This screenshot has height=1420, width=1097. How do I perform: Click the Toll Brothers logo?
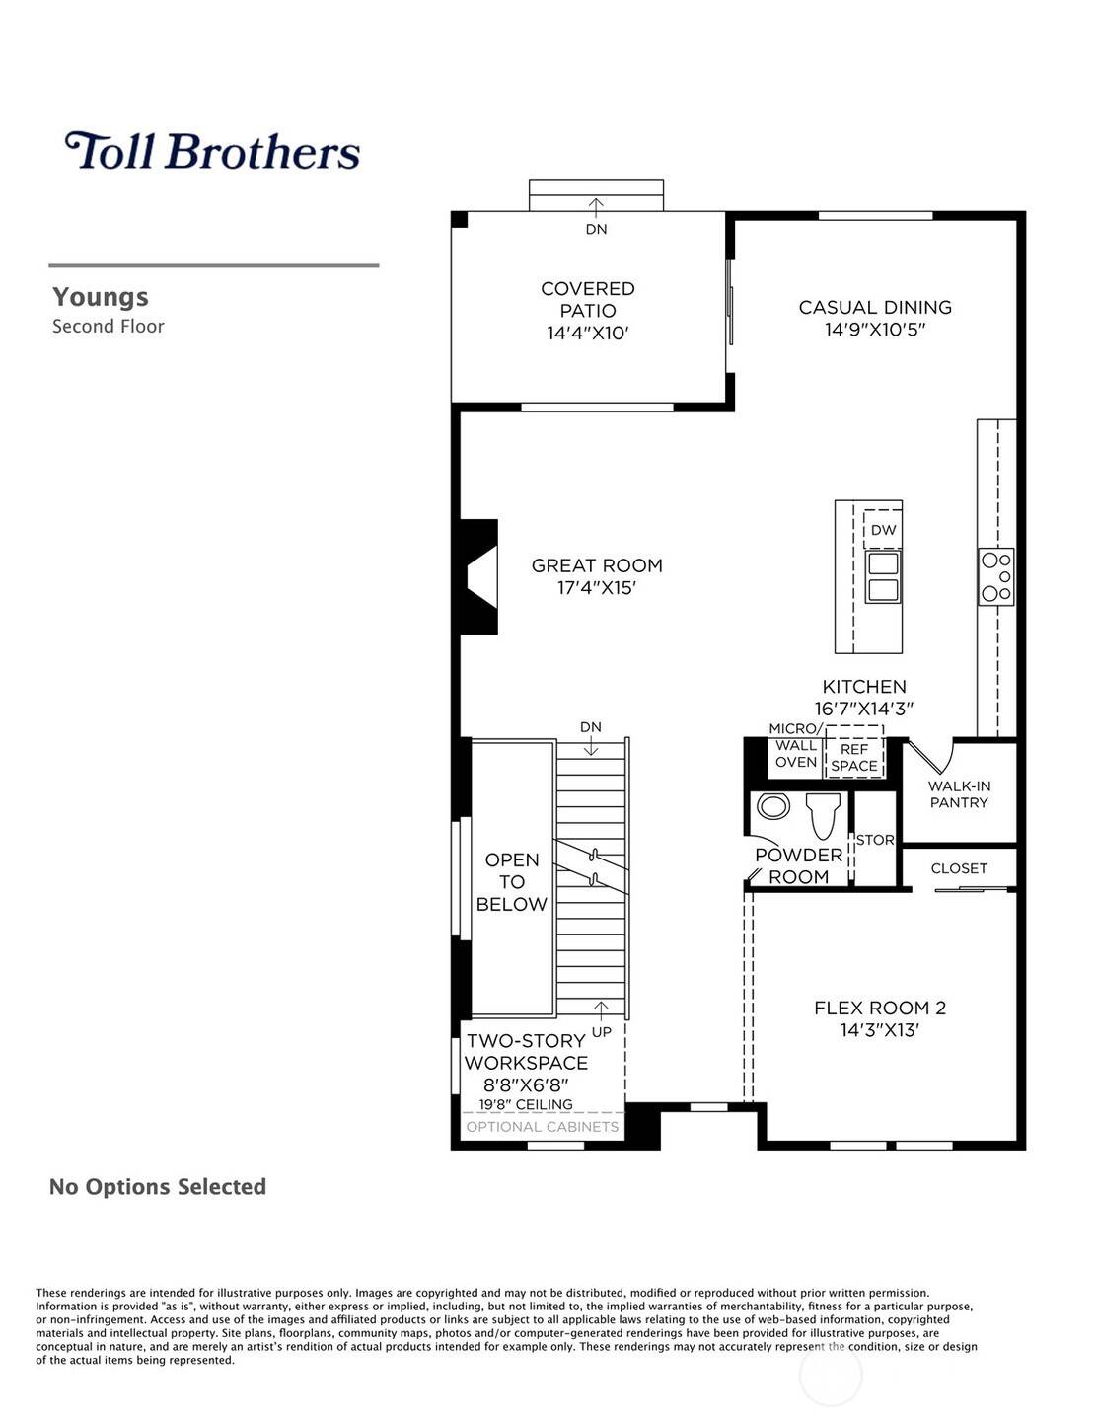tap(212, 151)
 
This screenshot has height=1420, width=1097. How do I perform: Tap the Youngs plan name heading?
tap(101, 297)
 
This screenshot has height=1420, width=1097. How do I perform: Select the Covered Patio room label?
tap(587, 299)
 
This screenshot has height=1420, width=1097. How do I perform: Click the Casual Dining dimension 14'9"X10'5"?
tap(875, 330)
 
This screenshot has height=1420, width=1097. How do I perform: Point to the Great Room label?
tap(597, 565)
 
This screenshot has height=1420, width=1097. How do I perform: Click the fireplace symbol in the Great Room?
tap(480, 577)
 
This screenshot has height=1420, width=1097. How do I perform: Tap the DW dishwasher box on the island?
tap(883, 530)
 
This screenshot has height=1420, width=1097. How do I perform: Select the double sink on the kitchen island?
tap(882, 577)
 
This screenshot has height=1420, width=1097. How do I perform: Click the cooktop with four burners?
tap(995, 576)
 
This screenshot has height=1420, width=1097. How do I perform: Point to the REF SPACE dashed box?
tap(854, 757)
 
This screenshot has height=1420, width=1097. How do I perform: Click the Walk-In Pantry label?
tap(959, 794)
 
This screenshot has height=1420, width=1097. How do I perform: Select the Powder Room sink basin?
tap(773, 807)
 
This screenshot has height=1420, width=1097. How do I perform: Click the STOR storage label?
tap(875, 840)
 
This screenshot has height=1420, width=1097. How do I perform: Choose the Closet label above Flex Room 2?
tap(959, 868)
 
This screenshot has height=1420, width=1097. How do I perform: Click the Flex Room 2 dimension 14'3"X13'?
tap(880, 1030)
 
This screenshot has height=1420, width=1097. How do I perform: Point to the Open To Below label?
tap(511, 881)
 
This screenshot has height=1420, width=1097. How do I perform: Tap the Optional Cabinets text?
tap(543, 1127)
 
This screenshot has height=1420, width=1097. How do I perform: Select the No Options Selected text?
tap(158, 1186)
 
